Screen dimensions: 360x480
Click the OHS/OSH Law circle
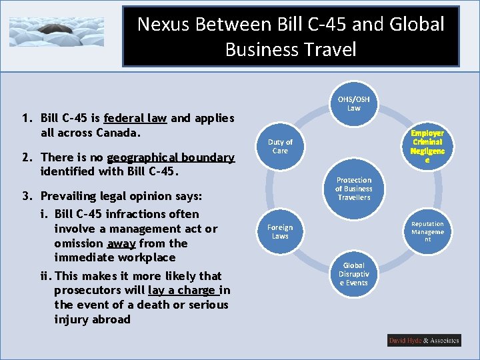[x=353, y=103]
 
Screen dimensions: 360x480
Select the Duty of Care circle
[x=280, y=146]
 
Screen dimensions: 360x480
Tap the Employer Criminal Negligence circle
[x=427, y=147]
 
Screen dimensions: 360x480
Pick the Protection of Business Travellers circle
[x=353, y=189]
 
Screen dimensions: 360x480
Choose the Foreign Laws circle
[x=280, y=231]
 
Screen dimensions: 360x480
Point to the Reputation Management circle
[x=427, y=231]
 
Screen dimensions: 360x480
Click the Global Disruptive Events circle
[x=353, y=274]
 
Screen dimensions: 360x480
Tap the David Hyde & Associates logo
[x=424, y=341]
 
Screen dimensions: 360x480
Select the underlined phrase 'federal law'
[x=135, y=118]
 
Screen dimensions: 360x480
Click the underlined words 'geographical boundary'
[x=171, y=157]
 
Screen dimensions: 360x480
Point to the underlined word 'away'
[x=121, y=243]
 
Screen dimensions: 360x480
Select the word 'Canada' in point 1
[x=117, y=133]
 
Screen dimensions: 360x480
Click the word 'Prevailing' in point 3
[x=69, y=197]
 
